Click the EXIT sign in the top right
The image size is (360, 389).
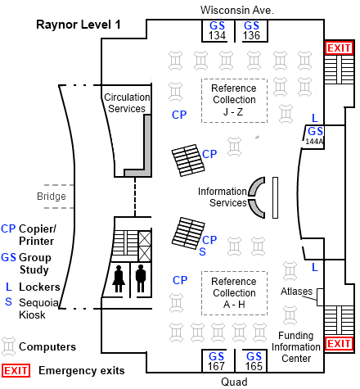(339, 48)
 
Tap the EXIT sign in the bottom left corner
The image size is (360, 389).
(16, 370)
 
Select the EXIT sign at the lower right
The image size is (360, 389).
(339, 343)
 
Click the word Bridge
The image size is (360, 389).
(51, 197)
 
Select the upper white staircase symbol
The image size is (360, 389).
(188, 161)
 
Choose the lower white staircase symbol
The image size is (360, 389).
(188, 233)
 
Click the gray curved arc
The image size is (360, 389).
(255, 197)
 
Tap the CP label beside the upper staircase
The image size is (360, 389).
(209, 154)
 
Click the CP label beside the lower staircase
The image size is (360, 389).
(209, 240)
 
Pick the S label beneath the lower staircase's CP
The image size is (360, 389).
(202, 252)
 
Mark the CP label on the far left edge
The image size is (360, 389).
(8, 228)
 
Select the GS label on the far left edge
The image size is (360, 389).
(8, 257)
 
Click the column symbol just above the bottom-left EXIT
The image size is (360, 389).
(8, 346)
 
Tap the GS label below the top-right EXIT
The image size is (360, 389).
(315, 131)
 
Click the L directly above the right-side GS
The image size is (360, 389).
(315, 118)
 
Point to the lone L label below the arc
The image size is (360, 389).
(315, 267)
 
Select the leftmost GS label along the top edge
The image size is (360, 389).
(217, 25)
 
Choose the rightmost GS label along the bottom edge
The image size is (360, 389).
(254, 356)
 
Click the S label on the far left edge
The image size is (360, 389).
(8, 301)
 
